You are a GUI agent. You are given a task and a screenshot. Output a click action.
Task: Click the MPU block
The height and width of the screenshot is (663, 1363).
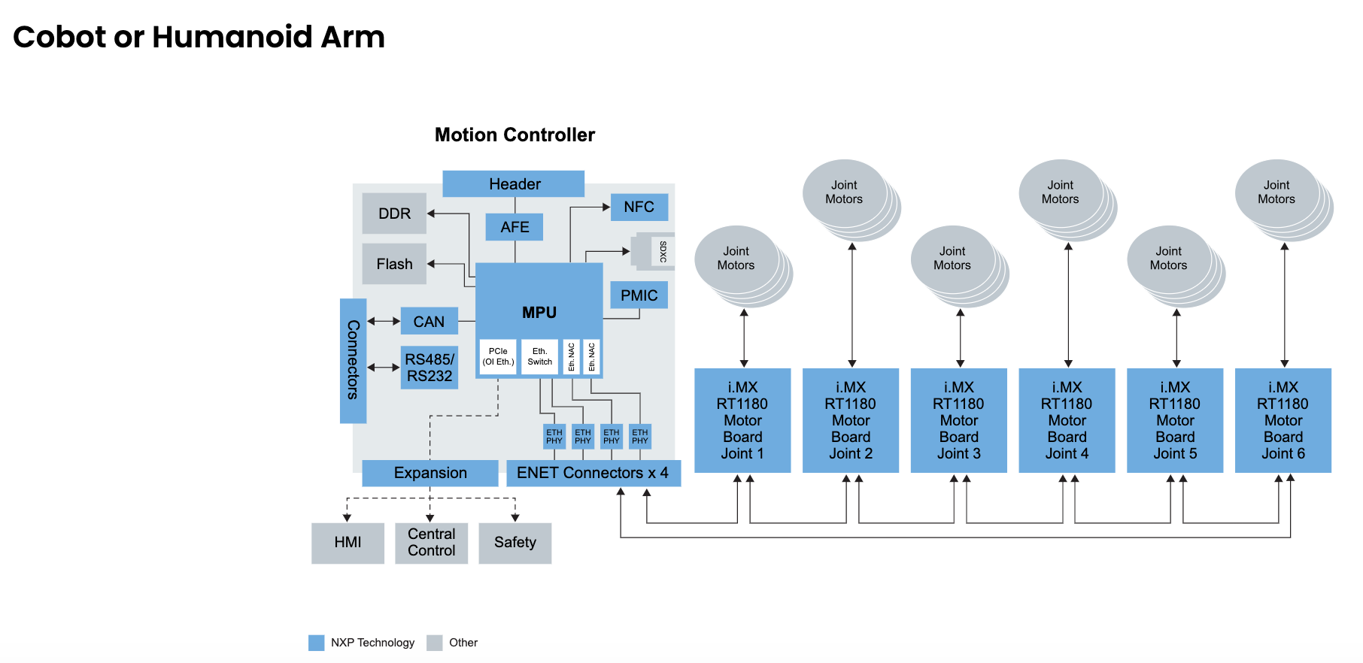539,301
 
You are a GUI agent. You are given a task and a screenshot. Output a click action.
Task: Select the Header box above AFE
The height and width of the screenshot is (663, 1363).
514,184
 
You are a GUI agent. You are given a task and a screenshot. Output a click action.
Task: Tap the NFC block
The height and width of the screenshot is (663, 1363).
639,207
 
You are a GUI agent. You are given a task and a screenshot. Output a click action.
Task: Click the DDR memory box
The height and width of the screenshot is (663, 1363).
394,213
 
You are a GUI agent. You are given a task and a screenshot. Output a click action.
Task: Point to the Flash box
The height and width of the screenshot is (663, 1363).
394,264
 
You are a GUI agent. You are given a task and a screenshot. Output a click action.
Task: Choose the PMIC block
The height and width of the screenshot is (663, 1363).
639,295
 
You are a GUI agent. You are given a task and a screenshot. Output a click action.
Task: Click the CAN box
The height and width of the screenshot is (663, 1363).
429,322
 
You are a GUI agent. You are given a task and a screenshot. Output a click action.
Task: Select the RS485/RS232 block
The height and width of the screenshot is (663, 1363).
430,368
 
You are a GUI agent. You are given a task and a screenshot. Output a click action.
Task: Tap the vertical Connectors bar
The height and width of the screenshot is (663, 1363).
353,361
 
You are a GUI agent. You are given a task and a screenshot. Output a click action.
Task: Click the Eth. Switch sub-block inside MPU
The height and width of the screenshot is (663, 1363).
539,356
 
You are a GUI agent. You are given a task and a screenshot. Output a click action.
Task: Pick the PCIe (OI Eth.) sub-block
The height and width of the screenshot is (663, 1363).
498,356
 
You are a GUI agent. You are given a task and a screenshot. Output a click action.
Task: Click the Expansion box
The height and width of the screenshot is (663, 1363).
430,473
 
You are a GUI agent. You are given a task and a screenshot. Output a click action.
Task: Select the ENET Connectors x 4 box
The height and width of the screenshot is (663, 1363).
593,473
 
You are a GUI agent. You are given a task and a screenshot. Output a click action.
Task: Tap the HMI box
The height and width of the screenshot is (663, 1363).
348,543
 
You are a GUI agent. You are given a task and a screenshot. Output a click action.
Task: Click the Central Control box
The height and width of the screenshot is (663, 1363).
431,543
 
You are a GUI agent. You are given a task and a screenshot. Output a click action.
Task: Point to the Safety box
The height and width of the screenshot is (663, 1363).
515,543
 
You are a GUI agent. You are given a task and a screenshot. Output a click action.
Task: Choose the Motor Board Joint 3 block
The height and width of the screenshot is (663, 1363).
958,420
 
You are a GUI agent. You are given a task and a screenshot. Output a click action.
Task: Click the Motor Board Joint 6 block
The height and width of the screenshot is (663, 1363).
1283,420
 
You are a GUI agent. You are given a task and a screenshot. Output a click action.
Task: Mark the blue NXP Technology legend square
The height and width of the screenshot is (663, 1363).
317,643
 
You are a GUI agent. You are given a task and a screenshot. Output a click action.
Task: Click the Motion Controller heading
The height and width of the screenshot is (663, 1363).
515,135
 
